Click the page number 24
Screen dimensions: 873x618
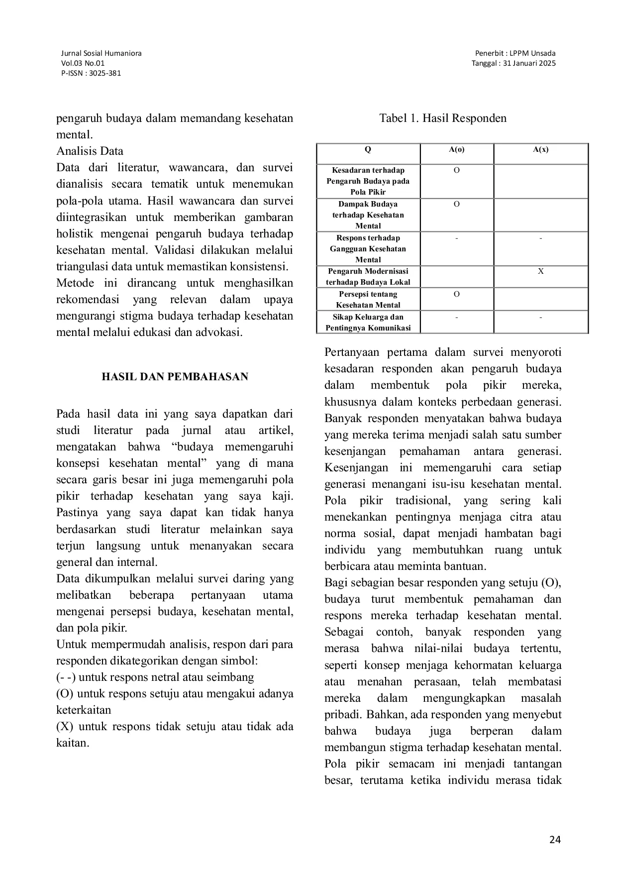click(x=555, y=840)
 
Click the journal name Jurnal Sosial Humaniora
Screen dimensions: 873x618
click(x=101, y=53)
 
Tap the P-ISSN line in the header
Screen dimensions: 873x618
click(x=91, y=73)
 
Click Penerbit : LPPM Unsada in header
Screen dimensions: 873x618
click(x=515, y=53)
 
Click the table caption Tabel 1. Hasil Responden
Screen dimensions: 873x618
click(x=443, y=118)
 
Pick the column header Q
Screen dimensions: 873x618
click(x=368, y=149)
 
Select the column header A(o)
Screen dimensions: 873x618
click(x=456, y=149)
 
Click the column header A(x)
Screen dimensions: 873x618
click(x=540, y=149)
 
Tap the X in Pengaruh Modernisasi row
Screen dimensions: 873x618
click(x=540, y=271)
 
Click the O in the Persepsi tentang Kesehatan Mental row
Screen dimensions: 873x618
click(x=456, y=294)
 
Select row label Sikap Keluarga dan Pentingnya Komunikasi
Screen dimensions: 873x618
click(x=368, y=322)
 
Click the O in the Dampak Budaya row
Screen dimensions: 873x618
click(x=456, y=204)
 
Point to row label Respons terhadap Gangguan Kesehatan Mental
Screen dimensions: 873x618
click(x=368, y=248)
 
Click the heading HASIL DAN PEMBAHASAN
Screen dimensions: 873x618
click(x=175, y=377)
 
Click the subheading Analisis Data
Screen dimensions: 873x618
click(x=90, y=151)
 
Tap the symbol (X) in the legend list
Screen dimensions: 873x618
click(x=65, y=727)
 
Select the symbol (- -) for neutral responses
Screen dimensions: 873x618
click(x=66, y=677)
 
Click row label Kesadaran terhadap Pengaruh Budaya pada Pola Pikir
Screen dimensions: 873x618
click(x=368, y=181)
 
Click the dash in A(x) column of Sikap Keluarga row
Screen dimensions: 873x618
click(x=540, y=318)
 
